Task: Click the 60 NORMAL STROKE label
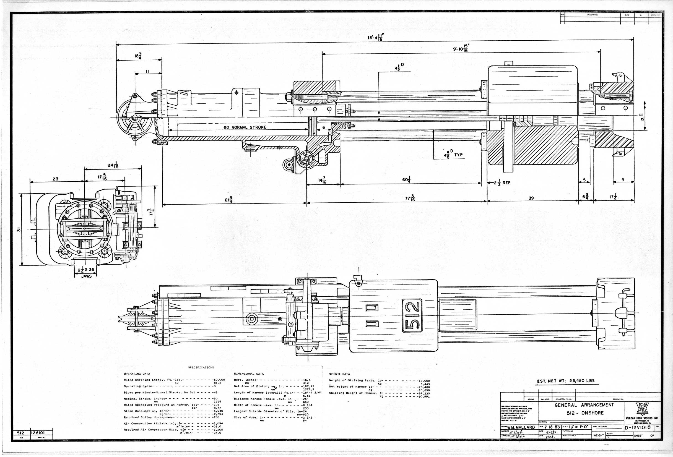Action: click(245, 127)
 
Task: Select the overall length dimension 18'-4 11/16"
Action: click(376, 37)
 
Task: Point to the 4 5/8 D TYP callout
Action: click(453, 155)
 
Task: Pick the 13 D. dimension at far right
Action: click(642, 117)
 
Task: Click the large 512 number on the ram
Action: click(412, 315)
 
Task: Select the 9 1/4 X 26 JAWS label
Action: click(86, 272)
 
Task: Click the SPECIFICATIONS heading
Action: click(201, 368)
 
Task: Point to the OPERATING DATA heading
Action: click(137, 374)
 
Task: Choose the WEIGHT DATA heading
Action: click(339, 374)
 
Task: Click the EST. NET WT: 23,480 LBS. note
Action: click(566, 381)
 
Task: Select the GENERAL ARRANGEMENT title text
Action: click(584, 405)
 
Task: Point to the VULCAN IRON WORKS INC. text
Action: click(642, 418)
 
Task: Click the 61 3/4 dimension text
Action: click(229, 199)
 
